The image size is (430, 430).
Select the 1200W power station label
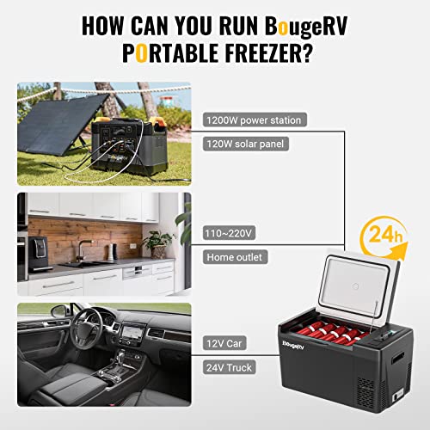pyautogui.click(x=253, y=120)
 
